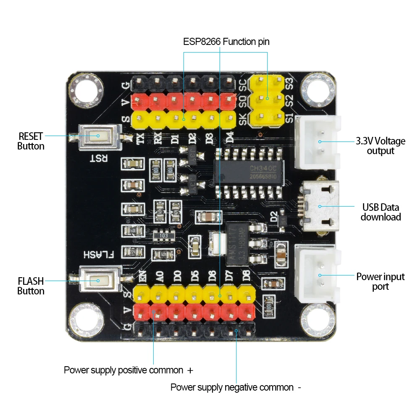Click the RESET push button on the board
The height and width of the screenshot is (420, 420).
coord(98,136)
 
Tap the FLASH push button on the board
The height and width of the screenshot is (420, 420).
coord(98,281)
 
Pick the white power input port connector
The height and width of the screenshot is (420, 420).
coord(319,275)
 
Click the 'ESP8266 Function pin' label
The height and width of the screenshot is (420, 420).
coord(226,42)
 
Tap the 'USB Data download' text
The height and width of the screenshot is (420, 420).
coord(381,212)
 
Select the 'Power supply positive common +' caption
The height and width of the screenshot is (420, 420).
coord(128,370)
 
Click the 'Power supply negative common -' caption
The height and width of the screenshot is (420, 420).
coord(236,387)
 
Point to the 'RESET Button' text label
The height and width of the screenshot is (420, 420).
coord(31,141)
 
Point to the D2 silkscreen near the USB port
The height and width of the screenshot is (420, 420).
coord(274,218)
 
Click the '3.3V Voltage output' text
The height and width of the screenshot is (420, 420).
coord(381,146)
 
